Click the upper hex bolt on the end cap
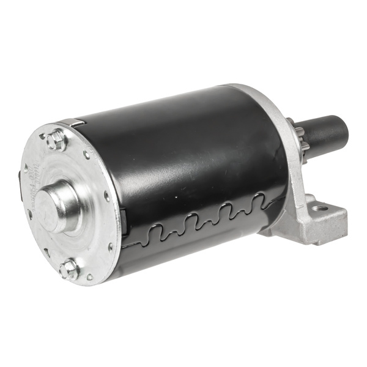coord(56,141)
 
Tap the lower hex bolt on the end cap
coord(70,269)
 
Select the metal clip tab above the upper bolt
coord(73,124)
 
